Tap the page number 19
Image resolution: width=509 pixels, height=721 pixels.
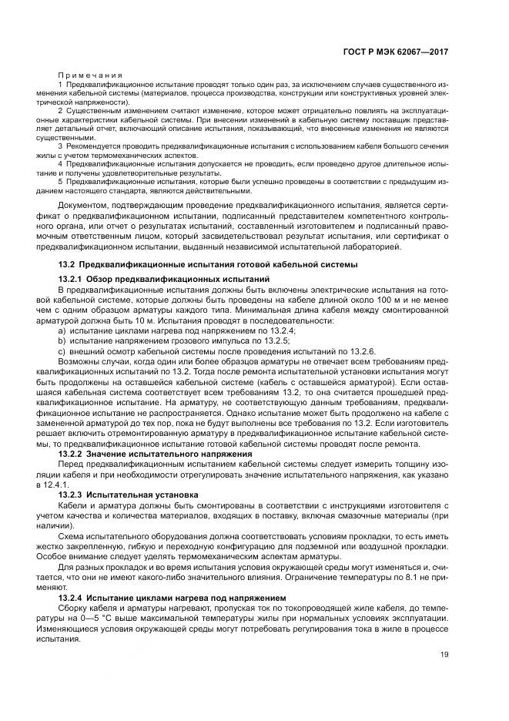(444, 655)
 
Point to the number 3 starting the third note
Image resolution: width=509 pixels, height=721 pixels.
(61, 146)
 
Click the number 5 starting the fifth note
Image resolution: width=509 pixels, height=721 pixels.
(61, 182)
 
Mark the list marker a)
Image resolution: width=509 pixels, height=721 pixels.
(62, 330)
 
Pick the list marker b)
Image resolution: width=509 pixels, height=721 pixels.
(62, 339)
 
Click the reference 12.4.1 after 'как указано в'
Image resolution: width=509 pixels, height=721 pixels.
(59, 485)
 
